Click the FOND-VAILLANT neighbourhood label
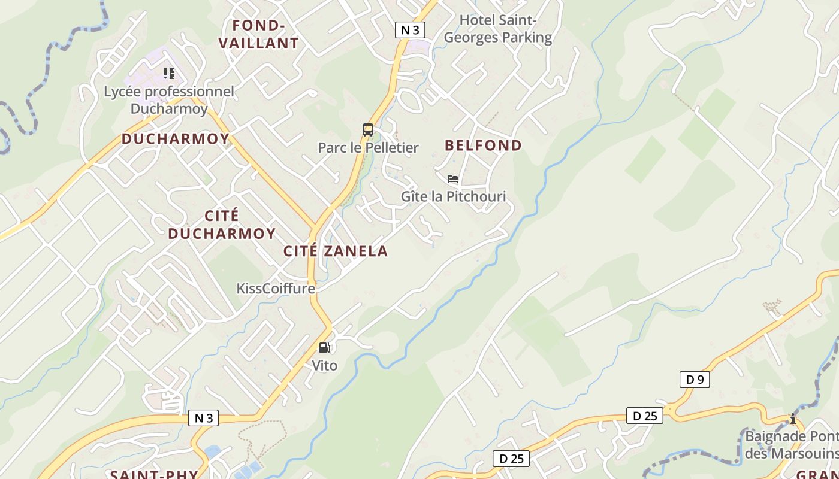[258, 34]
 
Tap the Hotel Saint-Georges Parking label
[497, 29]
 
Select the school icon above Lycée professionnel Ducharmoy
[169, 74]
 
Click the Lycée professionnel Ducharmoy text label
[169, 100]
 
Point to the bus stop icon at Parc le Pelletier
[368, 130]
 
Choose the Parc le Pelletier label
[368, 148]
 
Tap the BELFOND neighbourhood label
[484, 145]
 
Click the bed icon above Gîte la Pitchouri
[453, 179]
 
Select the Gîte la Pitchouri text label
[453, 196]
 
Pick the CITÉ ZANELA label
[336, 251]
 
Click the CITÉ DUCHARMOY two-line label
[222, 225]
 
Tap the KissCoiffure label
[276, 289]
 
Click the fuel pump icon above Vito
[324, 348]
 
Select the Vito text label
[324, 365]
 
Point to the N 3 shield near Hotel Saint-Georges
[410, 30]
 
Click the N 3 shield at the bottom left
[204, 418]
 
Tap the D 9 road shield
[695, 380]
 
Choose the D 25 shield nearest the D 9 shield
[645, 416]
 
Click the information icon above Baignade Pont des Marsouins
[792, 419]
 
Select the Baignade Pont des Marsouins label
[791, 445]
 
